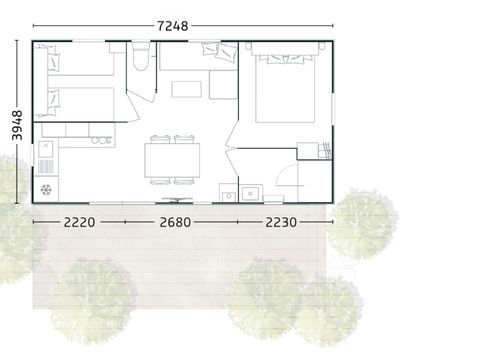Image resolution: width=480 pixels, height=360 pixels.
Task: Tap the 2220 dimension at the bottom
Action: click(75, 222)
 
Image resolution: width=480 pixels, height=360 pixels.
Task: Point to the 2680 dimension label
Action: click(175, 222)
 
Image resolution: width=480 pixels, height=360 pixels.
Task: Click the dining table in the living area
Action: click(173, 159)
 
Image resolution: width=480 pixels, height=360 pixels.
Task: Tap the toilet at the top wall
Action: click(141, 57)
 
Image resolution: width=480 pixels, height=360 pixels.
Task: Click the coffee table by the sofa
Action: click(186, 89)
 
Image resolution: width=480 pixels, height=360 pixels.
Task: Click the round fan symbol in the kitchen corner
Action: click(45, 188)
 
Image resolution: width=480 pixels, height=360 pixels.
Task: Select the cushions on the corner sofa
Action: click(213, 50)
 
